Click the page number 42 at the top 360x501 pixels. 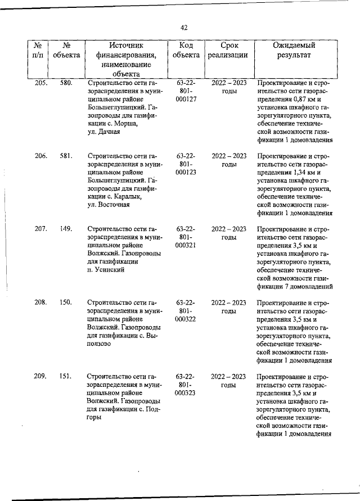pos(184,27)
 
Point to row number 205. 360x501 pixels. pos(40,83)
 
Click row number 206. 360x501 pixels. pos(40,156)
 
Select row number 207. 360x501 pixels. pos(40,229)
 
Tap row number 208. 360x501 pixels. pos(40,303)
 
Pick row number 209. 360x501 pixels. pos(40,376)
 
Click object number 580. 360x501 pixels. pos(66,83)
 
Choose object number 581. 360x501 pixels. pos(66,156)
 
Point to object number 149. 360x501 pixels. pos(66,229)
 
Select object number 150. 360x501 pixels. pos(65,303)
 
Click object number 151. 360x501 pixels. pos(65,376)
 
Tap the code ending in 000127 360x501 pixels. pos(186,100)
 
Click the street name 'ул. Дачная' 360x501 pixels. pos(105,132)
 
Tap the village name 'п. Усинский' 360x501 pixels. pos(106,270)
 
